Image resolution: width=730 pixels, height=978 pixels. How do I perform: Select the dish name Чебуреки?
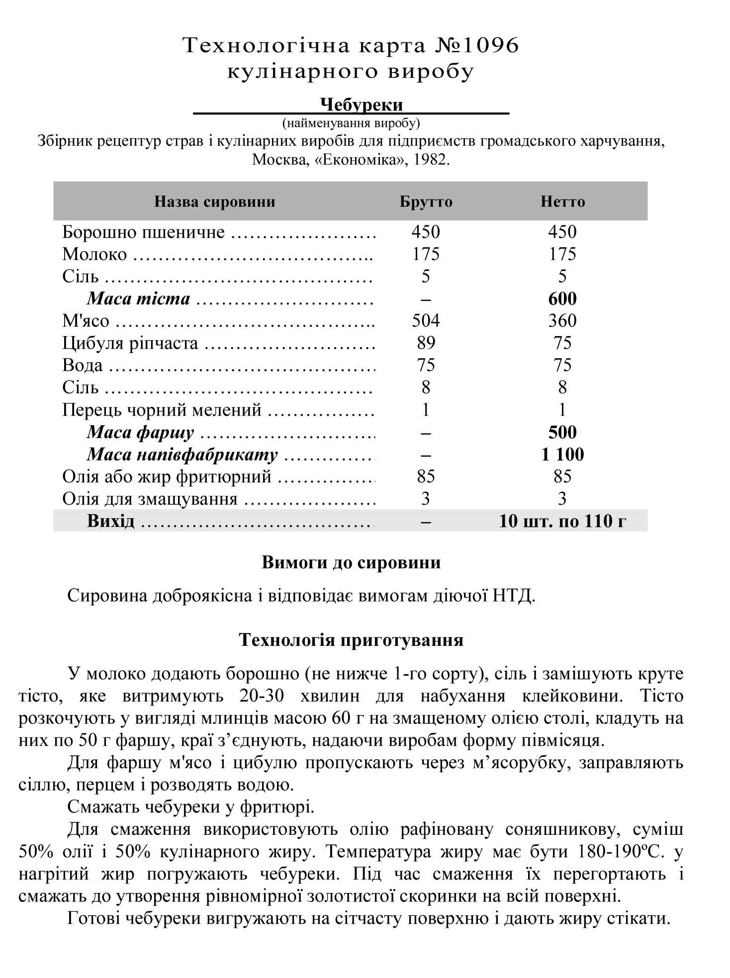point(361,105)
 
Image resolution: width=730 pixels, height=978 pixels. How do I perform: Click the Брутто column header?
point(426,202)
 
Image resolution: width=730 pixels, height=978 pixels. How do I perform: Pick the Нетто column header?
point(562,202)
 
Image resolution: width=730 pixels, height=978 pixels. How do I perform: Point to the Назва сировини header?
point(214,202)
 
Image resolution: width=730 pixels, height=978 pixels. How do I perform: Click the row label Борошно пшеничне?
point(143,232)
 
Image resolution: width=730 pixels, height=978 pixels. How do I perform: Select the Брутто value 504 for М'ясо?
point(426,321)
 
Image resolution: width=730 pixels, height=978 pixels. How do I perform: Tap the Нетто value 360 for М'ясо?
point(562,321)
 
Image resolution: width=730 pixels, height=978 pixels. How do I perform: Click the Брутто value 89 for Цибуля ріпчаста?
point(426,343)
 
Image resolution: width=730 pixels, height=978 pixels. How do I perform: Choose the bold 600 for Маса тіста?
point(562,299)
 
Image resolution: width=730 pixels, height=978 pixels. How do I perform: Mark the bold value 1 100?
point(562,454)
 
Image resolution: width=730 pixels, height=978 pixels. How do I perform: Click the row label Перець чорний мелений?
point(162,410)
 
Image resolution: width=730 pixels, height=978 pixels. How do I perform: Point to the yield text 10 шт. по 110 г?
point(562,521)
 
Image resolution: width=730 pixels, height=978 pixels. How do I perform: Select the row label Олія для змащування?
point(150,499)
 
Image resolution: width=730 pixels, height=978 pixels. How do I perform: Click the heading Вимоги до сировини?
point(351,563)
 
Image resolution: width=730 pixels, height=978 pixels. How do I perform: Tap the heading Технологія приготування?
point(351,640)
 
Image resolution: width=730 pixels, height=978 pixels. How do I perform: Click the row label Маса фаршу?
point(140,433)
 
